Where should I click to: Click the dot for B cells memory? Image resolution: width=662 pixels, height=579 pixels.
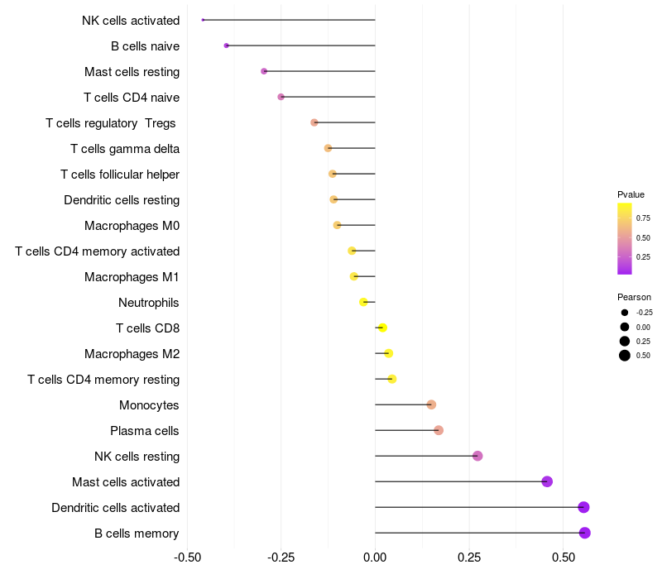tap(584, 533)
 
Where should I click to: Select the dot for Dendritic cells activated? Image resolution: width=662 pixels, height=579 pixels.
tap(583, 507)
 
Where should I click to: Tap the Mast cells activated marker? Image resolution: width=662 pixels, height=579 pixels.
tap(547, 481)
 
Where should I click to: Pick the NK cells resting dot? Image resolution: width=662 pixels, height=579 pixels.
tap(477, 456)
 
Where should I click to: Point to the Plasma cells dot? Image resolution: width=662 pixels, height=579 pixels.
tap(439, 430)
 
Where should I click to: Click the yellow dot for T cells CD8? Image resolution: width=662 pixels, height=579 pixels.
tap(382, 328)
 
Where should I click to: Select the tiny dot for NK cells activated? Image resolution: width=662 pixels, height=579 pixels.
tap(203, 20)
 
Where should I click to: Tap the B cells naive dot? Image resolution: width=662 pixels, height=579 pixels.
tap(226, 45)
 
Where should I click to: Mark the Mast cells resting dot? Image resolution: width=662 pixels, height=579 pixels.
tap(264, 71)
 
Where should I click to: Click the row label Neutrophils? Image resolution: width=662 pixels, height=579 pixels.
tap(149, 303)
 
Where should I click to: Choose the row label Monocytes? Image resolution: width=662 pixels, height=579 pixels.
tap(149, 405)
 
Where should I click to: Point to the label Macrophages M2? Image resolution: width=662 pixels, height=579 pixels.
tap(132, 354)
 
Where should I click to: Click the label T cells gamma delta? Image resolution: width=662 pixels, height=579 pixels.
tap(125, 149)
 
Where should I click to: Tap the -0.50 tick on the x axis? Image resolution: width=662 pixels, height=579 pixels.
tap(188, 557)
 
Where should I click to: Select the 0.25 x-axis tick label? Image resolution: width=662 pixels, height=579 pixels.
tap(469, 557)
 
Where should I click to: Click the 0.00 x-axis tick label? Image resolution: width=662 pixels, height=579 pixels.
tap(375, 557)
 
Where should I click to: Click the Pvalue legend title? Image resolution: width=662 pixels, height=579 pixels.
tap(631, 194)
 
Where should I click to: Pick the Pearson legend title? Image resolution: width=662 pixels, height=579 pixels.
tap(634, 297)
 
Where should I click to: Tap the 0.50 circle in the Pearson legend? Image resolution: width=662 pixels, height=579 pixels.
tap(625, 356)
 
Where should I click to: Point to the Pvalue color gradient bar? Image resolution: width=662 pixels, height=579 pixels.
tap(625, 238)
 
